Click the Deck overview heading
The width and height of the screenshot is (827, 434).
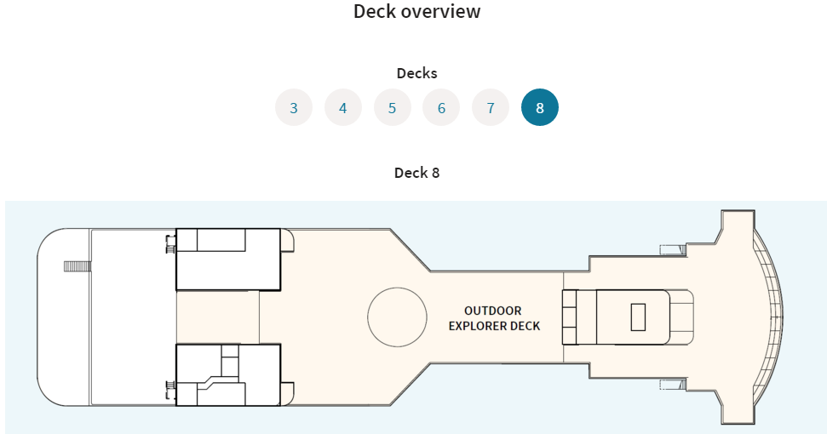416,11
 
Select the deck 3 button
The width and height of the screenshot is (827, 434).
294,107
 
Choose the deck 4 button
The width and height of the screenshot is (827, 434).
343,107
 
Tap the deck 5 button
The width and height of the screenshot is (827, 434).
392,107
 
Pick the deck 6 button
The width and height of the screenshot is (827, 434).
441,107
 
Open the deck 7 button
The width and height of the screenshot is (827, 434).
491,107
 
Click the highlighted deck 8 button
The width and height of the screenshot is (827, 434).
540,107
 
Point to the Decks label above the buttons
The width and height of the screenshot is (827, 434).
416,73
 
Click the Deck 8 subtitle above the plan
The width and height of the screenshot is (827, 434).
416,173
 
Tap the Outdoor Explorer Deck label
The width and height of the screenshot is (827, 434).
494,318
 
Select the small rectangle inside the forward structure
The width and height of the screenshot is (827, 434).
638,317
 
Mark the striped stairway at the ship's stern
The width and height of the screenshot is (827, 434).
78,266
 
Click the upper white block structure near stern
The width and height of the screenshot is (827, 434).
228,260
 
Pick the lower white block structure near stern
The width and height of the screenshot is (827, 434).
228,375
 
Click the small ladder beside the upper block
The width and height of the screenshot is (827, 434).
170,244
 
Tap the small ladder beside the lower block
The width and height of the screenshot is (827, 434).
170,391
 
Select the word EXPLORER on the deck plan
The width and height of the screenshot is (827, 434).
470,326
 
